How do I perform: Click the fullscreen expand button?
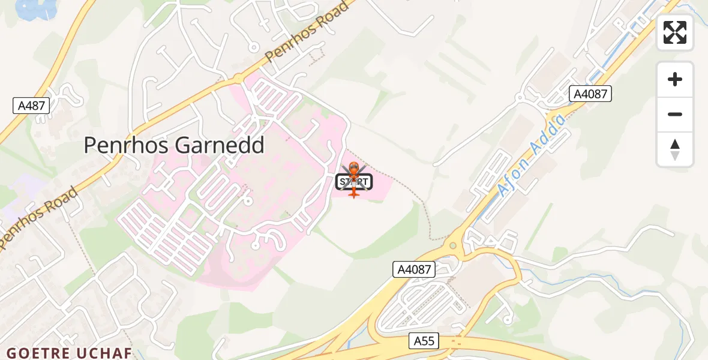point(675,32)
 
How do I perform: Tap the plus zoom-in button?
point(675,80)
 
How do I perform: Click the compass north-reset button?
point(675,149)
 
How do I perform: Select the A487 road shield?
point(31,106)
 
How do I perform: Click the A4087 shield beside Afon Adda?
point(590,94)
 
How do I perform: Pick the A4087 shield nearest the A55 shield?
point(415,269)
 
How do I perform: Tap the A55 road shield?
point(425,341)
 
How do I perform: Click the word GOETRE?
point(39,353)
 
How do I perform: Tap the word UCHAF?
point(105,353)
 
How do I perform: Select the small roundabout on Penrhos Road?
point(238,78)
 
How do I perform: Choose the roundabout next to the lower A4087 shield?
point(453,245)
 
